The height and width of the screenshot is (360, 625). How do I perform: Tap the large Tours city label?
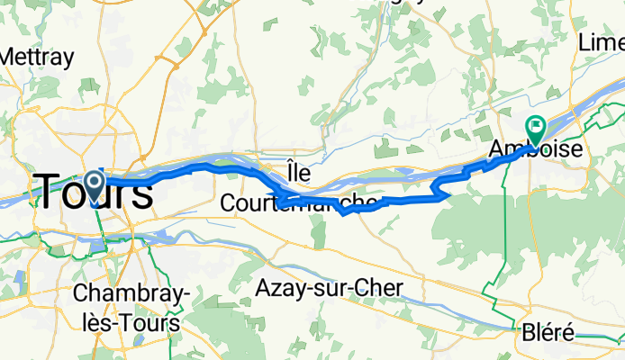93,192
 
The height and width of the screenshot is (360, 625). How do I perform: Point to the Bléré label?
548,333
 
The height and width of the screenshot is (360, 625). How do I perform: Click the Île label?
297,169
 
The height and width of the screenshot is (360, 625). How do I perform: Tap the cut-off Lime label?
602,42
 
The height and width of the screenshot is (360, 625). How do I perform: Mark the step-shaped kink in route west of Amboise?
439,188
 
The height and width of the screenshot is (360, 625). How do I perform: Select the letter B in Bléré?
529,333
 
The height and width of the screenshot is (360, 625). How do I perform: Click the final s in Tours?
140,193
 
